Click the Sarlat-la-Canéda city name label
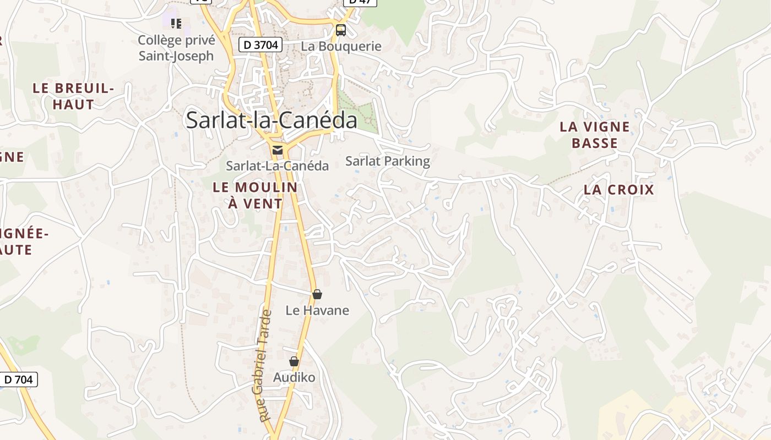pos(272,120)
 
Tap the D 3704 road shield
pos(260,45)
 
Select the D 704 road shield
pos(19,380)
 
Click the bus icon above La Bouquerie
pos(341,30)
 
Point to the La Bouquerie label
pos(341,46)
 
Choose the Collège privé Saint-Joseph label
pos(176,48)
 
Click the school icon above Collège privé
pos(176,23)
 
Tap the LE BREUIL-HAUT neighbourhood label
pos(73,96)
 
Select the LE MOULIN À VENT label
pos(255,195)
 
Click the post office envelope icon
pos(278,150)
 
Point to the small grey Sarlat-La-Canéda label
pos(277,166)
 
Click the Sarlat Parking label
pos(387,161)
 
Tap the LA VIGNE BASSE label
pos(595,135)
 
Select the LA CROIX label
pos(619,190)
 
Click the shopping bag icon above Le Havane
pos(317,294)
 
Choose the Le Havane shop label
pos(317,310)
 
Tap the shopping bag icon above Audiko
pos(294,361)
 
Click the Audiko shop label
pos(294,377)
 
